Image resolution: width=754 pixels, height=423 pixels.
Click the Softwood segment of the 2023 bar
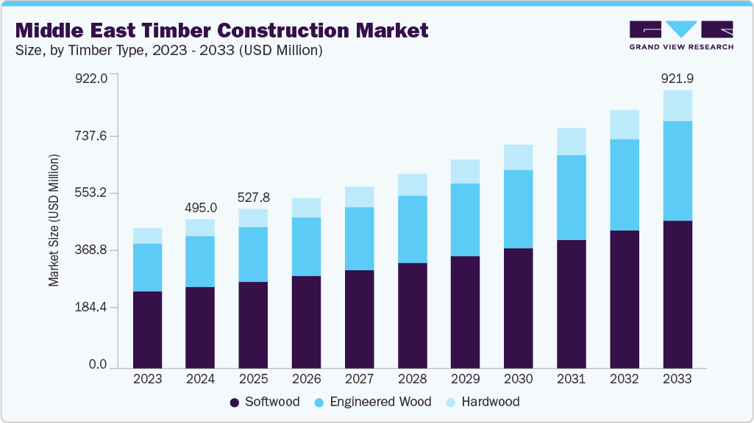tap(147, 329)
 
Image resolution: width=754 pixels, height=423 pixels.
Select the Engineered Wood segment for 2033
tap(677, 170)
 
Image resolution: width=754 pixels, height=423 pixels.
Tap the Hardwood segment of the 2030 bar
tap(518, 157)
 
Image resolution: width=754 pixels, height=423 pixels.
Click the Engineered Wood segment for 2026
tap(306, 247)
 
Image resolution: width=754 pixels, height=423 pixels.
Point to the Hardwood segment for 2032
tap(624, 124)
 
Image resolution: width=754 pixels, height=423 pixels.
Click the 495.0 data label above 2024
tap(200, 208)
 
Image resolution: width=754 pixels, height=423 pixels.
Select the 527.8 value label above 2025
tap(253, 198)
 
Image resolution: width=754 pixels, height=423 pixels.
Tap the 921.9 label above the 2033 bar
tap(677, 79)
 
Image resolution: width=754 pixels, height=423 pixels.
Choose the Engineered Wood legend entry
tap(369, 402)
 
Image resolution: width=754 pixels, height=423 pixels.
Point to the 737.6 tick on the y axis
tap(92, 136)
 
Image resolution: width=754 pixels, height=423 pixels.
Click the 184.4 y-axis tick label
tap(92, 307)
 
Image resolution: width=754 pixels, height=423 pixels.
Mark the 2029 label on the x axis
tap(465, 379)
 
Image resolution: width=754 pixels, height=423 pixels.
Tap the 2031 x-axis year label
tap(571, 379)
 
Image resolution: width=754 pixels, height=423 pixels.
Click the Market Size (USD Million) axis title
tap(54, 220)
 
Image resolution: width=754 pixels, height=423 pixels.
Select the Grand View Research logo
tap(681, 35)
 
